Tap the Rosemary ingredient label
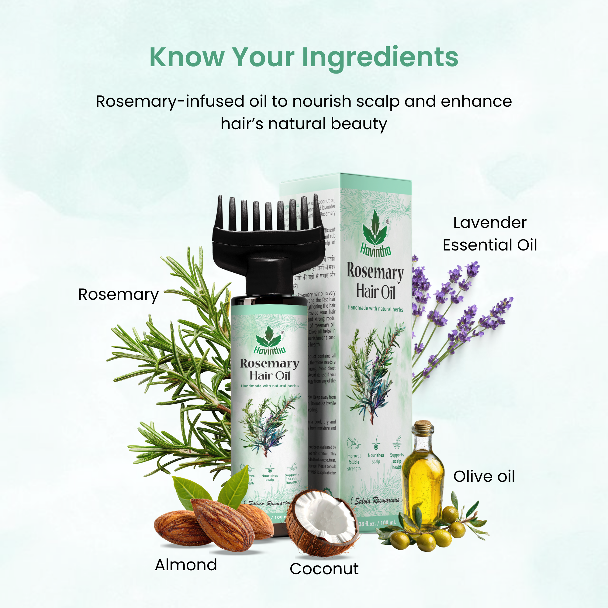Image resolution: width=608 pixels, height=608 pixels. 118,295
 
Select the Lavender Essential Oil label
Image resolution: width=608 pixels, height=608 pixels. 490,234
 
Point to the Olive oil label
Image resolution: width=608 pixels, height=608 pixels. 484,476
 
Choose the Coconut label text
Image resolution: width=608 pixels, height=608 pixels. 324,569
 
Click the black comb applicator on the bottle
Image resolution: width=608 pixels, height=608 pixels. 268,239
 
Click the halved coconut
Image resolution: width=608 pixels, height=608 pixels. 323,522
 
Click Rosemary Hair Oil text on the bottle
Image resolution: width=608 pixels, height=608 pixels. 270,369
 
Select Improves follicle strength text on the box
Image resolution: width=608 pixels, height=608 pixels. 354,462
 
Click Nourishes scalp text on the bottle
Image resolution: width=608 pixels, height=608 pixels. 270,478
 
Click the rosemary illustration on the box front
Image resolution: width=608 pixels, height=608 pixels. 375,371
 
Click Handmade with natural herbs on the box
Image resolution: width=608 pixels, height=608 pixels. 375,308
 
